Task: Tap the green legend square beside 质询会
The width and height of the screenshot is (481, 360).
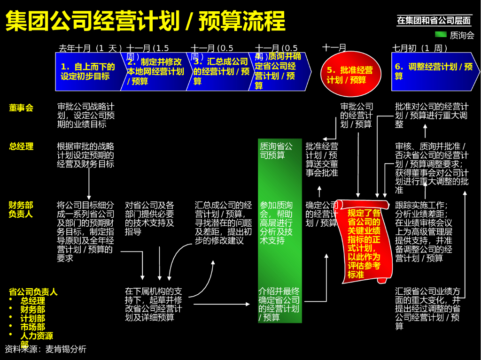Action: coord(441,34)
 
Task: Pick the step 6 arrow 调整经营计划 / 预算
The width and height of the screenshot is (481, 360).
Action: coord(433,71)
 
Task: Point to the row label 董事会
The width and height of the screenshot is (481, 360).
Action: coord(21,108)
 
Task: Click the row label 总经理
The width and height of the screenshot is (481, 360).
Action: coord(21,146)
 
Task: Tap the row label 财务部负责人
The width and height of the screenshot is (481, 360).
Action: coord(21,210)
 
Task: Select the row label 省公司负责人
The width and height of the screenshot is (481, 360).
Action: coord(33,292)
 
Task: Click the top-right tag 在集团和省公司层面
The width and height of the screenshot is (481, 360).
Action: coord(434,20)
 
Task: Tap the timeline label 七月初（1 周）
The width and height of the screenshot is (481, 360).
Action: coord(420,48)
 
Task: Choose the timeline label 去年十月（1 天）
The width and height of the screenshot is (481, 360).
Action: coord(90,48)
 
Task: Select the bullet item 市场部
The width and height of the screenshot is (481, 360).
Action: coord(33,327)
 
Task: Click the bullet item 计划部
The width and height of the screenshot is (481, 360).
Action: coord(33,318)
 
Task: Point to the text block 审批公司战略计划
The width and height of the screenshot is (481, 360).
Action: coord(86,115)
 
